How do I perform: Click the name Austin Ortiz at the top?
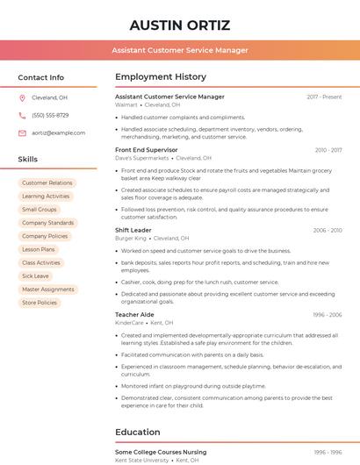coord(179,25)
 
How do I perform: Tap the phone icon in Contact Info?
coord(22,115)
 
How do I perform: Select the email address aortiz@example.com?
coord(59,132)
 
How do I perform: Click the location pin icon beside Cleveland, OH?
coord(22,97)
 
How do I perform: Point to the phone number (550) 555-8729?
coord(50,115)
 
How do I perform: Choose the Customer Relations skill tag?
coord(47,183)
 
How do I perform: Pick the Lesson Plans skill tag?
coord(39,249)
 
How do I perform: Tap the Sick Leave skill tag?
coord(36,275)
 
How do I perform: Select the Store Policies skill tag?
coord(40,303)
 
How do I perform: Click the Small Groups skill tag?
coord(40,210)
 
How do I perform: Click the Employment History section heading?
coord(161,77)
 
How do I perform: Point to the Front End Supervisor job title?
coord(147,150)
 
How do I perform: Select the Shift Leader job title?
coord(133,230)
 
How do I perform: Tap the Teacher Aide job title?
coord(134,314)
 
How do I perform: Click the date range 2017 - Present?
coord(324,97)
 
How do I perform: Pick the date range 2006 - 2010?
coord(328,230)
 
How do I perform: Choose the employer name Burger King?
coord(131,239)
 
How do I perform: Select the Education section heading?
coord(138,432)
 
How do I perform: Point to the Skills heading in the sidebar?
coord(28,160)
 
